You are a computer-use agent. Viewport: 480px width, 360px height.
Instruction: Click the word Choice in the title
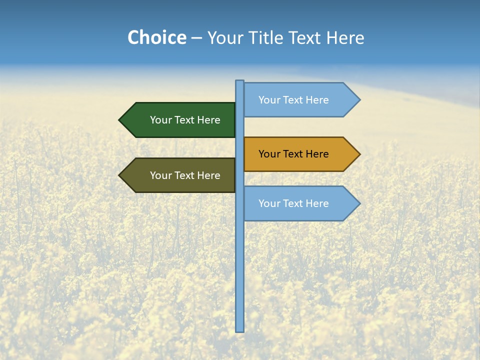point(156,37)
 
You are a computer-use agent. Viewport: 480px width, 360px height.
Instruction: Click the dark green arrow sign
point(180,120)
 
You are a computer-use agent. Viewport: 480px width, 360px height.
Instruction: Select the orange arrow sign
point(300,154)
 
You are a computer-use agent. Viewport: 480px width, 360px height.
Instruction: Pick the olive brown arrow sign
point(180,175)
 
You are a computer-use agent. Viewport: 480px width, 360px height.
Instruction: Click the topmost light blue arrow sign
point(300,100)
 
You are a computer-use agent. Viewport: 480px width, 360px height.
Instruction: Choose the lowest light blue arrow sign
point(300,203)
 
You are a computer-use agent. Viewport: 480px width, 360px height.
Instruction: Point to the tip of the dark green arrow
point(120,120)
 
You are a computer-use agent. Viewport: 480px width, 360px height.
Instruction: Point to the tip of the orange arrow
point(359,154)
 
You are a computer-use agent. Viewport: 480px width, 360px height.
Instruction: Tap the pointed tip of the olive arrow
point(120,175)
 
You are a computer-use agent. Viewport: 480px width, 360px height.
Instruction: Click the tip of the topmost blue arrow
point(359,100)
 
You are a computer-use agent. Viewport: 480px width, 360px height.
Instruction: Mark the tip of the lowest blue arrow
point(359,203)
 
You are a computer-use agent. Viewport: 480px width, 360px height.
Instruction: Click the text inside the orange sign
point(293,154)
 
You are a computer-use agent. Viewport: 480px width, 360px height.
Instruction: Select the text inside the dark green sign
point(185,120)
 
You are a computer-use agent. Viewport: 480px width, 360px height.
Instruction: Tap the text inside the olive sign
point(185,175)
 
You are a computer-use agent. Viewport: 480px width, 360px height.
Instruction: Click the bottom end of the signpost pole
point(240,330)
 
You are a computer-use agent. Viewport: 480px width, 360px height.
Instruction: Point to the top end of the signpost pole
point(240,81)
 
